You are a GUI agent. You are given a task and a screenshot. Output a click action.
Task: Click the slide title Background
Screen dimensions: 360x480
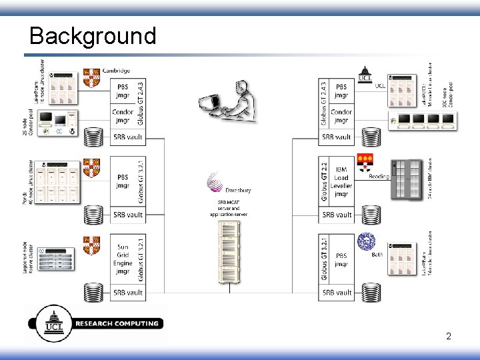93,35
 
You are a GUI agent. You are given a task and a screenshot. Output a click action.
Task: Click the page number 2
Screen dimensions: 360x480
449,336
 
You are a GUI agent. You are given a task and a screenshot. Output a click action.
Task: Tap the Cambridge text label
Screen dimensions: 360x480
115,71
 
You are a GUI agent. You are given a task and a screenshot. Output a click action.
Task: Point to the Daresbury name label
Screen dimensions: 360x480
237,190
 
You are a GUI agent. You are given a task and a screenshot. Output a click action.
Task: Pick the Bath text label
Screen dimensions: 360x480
376,254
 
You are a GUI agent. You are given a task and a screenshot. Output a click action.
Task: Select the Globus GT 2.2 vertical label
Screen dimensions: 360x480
325,181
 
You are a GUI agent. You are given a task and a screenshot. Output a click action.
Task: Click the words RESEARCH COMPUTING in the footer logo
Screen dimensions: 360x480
117,324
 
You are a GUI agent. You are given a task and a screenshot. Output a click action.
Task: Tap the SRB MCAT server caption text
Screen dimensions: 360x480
229,208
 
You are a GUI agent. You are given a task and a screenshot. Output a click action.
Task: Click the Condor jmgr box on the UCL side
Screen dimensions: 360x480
341,116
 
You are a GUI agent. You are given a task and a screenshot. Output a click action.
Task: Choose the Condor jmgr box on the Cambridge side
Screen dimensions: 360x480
123,116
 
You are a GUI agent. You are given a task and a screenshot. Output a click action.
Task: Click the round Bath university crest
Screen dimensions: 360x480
366,241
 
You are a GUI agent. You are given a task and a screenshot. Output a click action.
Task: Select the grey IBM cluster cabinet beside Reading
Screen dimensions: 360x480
407,179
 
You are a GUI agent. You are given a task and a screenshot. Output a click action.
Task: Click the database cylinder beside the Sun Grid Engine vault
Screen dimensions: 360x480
93,293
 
